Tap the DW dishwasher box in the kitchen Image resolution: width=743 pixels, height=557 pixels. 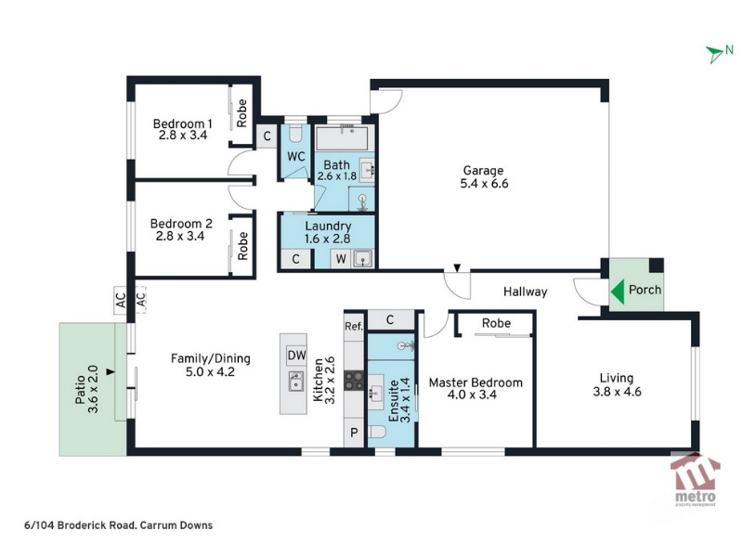tap(296, 355)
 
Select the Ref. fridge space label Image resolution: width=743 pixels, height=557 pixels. tap(354, 326)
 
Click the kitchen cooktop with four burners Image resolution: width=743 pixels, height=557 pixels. tap(354, 381)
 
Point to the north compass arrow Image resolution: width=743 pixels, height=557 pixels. tap(714, 54)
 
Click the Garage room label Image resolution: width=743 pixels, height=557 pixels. tap(483, 171)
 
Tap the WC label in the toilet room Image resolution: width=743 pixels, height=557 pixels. tap(296, 156)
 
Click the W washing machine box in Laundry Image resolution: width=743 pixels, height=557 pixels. tap(341, 259)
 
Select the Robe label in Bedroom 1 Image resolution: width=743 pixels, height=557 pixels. tap(241, 113)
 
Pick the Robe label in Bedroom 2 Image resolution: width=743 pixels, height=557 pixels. tap(242, 246)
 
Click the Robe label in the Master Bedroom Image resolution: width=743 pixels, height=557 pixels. tap(496, 323)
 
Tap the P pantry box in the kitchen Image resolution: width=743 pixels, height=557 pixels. tap(354, 433)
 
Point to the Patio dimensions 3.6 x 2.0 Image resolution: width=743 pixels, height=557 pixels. tap(93, 389)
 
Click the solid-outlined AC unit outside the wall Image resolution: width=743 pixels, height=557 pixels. tap(121, 300)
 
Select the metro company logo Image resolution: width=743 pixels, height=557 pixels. tap(695, 479)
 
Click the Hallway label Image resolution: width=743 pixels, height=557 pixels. tap(525, 291)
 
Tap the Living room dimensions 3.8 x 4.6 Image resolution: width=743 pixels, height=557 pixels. tap(617, 392)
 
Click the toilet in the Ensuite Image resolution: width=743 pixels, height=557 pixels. tap(378, 433)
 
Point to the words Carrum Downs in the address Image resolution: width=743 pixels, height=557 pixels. tap(176, 525)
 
